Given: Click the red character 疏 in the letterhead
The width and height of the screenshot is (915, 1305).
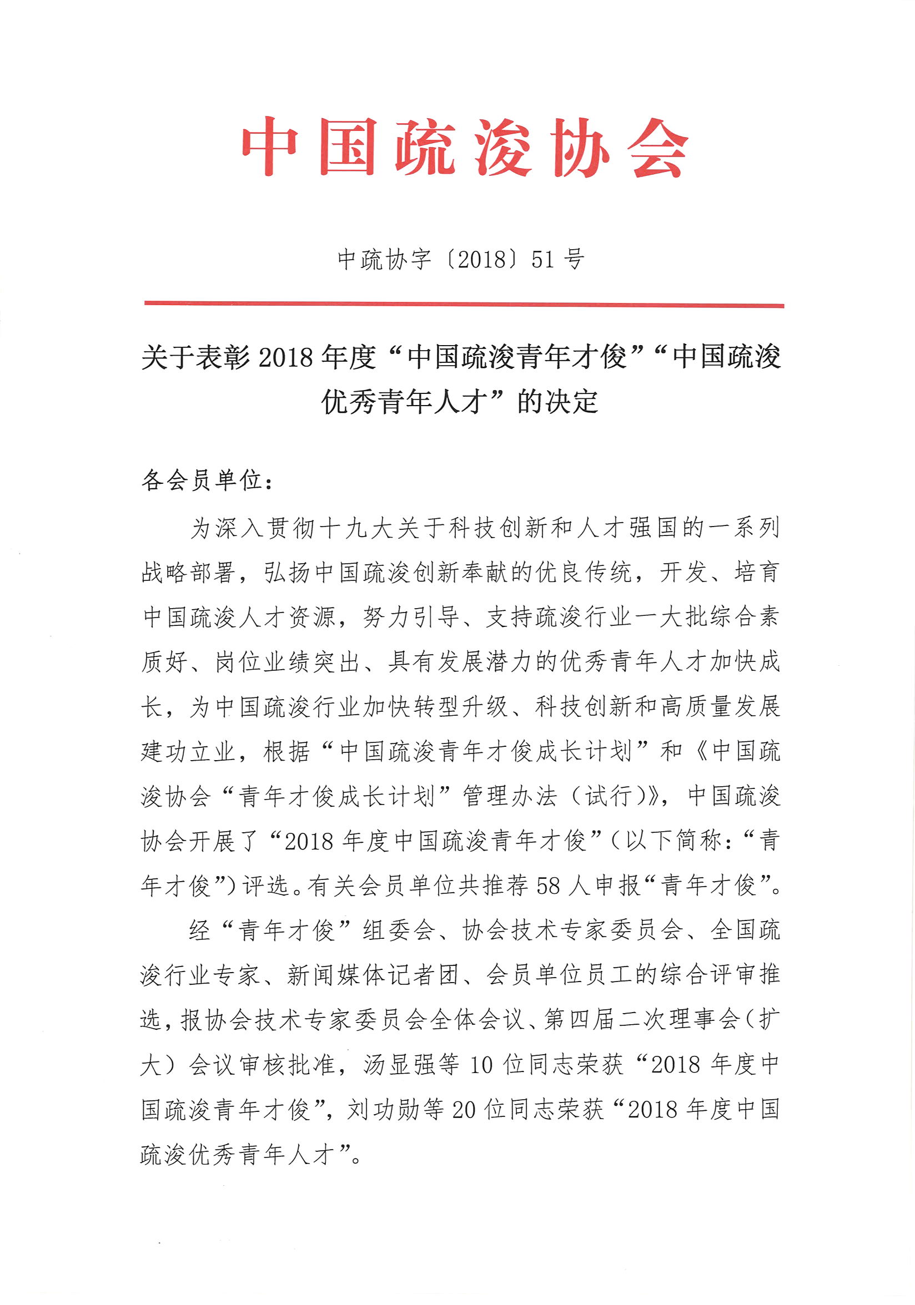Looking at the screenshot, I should (x=425, y=147).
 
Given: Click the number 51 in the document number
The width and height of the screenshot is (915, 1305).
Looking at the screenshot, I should (x=542, y=259).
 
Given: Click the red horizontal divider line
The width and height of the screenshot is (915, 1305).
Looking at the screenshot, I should (x=464, y=305).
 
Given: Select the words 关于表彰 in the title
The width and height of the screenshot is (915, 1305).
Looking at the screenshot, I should (x=195, y=357).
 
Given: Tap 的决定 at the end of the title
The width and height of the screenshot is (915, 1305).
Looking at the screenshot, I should (x=557, y=402).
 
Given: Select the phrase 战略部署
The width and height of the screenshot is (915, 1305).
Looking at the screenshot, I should (x=189, y=573).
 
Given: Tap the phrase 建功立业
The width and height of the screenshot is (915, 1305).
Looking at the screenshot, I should (x=189, y=752).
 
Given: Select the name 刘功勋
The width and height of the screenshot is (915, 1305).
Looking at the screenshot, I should (x=383, y=1109).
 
